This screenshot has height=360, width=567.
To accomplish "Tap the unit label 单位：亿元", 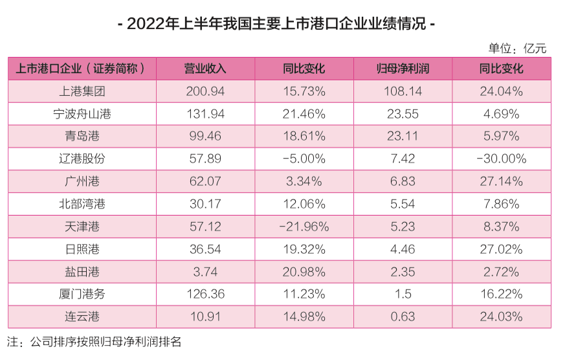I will point(518,48).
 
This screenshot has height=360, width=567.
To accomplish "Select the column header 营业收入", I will point(205,69).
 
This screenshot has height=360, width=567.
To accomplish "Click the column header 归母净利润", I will point(403,69).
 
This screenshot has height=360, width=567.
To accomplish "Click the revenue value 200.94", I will point(205,91).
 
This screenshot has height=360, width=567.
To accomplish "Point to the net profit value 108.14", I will point(403,91).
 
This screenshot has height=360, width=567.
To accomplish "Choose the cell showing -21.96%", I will point(304,227).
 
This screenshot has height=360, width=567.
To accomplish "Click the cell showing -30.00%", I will point(500,159).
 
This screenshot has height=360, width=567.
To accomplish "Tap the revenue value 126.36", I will point(205,294).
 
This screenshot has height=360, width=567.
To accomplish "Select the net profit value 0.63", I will point(403,317).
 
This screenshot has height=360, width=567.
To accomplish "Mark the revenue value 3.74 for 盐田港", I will point(205,271).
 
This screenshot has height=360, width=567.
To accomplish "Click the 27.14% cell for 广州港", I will point(500,181).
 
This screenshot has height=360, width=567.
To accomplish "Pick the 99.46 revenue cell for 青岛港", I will point(205,137).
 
